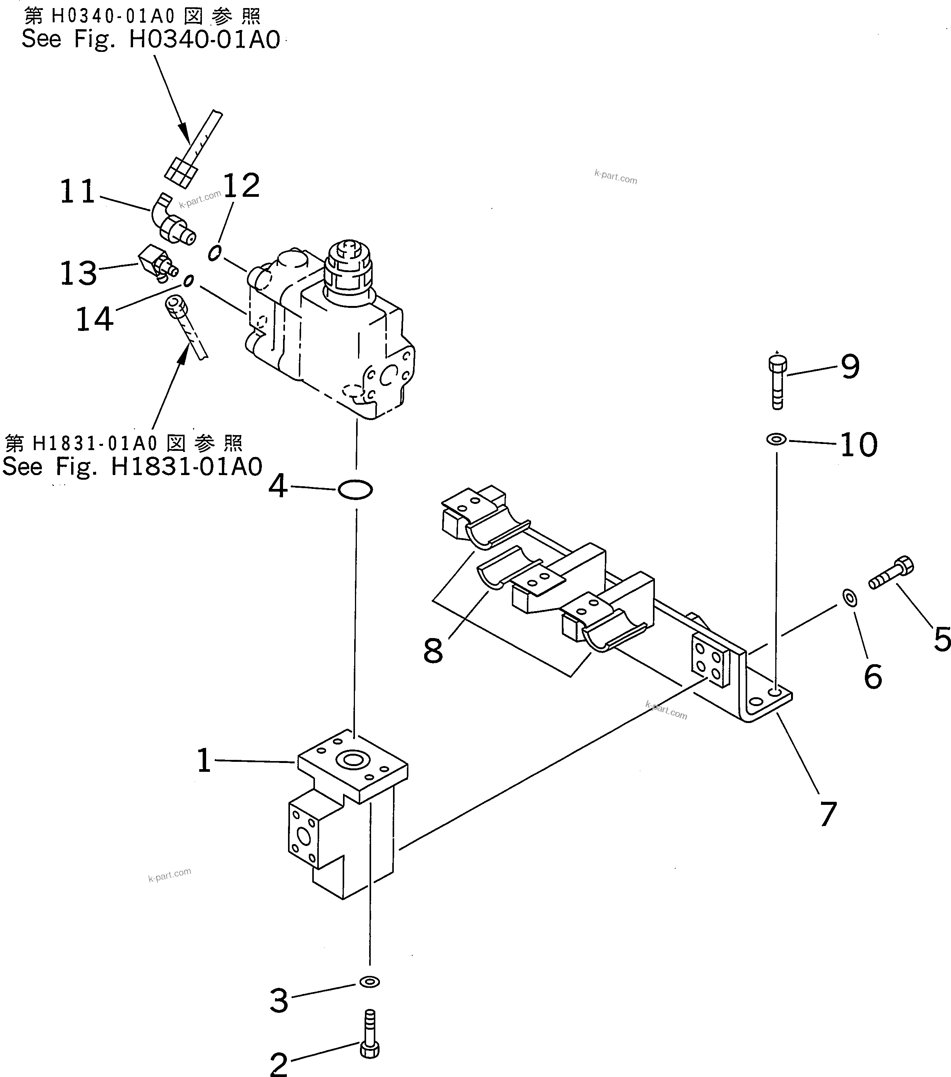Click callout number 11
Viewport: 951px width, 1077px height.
(78, 192)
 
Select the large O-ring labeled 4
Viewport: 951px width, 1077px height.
(355, 490)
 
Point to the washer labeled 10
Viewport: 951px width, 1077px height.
(776, 439)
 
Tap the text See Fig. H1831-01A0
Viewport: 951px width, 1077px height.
(132, 467)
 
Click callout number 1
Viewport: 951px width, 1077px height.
(204, 761)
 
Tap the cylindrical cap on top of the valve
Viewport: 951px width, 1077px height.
(348, 266)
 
